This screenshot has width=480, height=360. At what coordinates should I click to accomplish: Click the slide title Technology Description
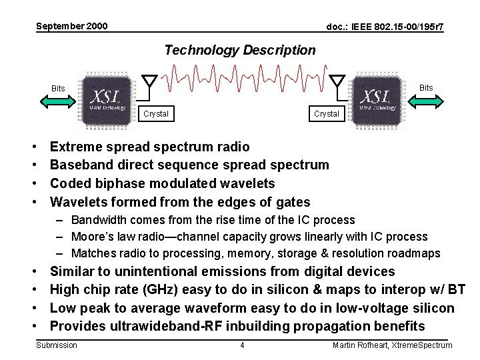[239, 50]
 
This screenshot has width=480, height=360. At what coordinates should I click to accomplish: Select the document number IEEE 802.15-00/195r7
[385, 27]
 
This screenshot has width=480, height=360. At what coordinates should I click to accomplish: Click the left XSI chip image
[107, 98]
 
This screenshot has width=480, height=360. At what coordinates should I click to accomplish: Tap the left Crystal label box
[156, 114]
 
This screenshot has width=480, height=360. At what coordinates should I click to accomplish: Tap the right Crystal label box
[326, 114]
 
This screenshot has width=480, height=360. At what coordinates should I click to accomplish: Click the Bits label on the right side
[425, 87]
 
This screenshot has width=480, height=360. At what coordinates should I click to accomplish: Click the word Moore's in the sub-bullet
[92, 237]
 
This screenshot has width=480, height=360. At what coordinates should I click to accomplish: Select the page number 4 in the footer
[242, 345]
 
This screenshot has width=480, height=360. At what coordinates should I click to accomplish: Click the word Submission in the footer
[56, 345]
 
